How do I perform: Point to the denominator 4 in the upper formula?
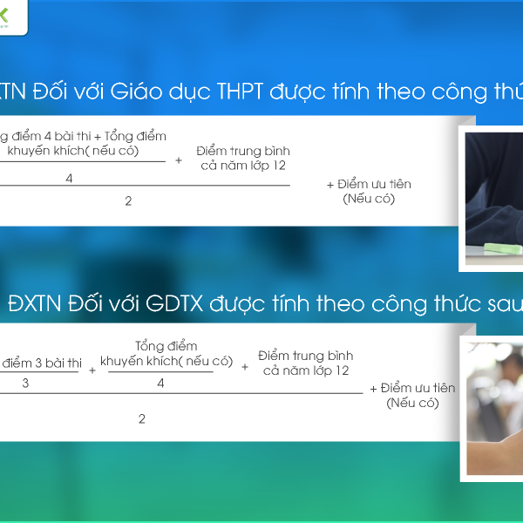(69, 178)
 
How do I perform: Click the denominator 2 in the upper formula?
(128, 200)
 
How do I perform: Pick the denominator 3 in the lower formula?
(25, 383)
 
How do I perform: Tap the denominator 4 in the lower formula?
(161, 383)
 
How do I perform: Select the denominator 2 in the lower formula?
(142, 418)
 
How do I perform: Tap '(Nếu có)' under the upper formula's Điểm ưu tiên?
(369, 199)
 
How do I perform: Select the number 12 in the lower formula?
(341, 370)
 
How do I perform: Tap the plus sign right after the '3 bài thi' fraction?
(92, 370)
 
